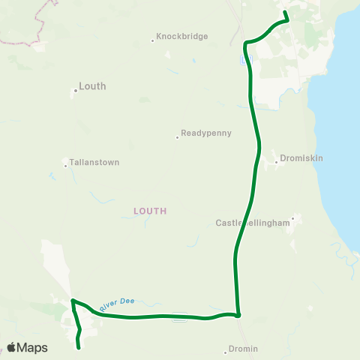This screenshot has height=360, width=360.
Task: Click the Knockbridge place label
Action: pyautogui.click(x=181, y=36)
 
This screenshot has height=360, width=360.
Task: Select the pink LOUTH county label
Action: pyautogui.click(x=149, y=211)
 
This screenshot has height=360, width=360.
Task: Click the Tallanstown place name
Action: pyautogui.click(x=94, y=162)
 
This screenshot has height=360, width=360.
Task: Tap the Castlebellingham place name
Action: pyautogui.click(x=251, y=223)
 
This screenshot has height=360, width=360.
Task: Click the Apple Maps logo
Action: pyautogui.click(x=28, y=347)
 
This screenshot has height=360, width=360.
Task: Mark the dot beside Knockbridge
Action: pyautogui.click(x=152, y=40)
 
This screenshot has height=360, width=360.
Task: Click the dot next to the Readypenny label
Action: pyautogui.click(x=178, y=136)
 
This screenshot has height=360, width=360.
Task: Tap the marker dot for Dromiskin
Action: pyautogui.click(x=276, y=160)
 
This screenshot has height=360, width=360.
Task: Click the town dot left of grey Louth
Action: pyautogui.click(x=76, y=91)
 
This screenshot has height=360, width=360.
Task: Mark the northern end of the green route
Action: pyautogui.click(x=285, y=12)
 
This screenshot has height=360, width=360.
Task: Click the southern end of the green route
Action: pyautogui.click(x=79, y=347)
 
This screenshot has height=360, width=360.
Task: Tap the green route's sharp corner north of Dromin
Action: pyautogui.click(x=238, y=314)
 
